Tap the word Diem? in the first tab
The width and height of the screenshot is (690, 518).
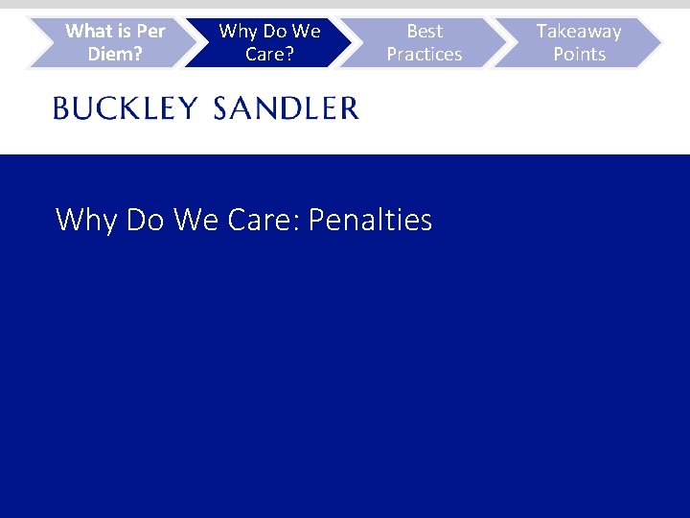click(x=115, y=55)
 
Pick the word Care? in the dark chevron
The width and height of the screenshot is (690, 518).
click(x=269, y=55)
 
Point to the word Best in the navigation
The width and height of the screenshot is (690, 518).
click(x=425, y=32)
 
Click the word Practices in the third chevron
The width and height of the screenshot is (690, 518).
click(x=425, y=55)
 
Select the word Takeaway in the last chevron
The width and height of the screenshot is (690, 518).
click(x=579, y=32)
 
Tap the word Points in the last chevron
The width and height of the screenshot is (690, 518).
click(x=579, y=55)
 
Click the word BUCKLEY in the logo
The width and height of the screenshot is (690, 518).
click(x=126, y=108)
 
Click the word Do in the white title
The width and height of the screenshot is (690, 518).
click(x=146, y=221)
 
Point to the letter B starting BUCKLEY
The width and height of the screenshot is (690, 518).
click(x=61, y=108)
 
